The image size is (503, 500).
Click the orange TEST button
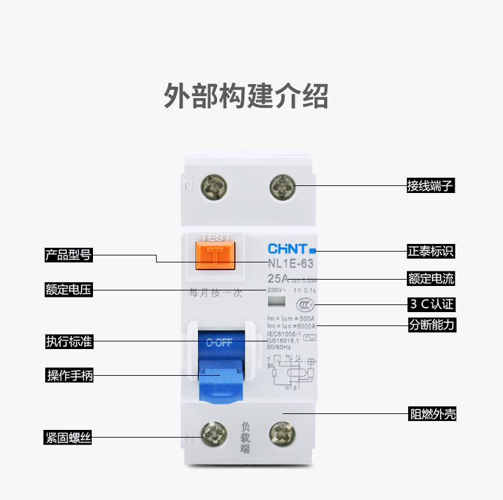pyautogui.click(x=216, y=254)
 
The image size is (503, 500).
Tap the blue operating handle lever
pyautogui.click(x=220, y=383)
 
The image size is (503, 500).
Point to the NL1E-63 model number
pyautogui.click(x=290, y=262)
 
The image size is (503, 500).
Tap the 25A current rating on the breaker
pyautogui.click(x=278, y=278)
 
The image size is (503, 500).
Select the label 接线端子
pyautogui.click(x=431, y=186)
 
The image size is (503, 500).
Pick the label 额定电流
pyautogui.click(x=431, y=279)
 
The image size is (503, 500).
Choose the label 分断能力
pyautogui.click(x=431, y=324)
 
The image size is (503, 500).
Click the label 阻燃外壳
pyautogui.click(x=432, y=415)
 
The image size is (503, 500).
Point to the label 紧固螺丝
pyautogui.click(x=68, y=438)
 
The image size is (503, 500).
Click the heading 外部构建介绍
pyautogui.click(x=246, y=96)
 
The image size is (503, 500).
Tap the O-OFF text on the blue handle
pyautogui.click(x=220, y=342)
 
